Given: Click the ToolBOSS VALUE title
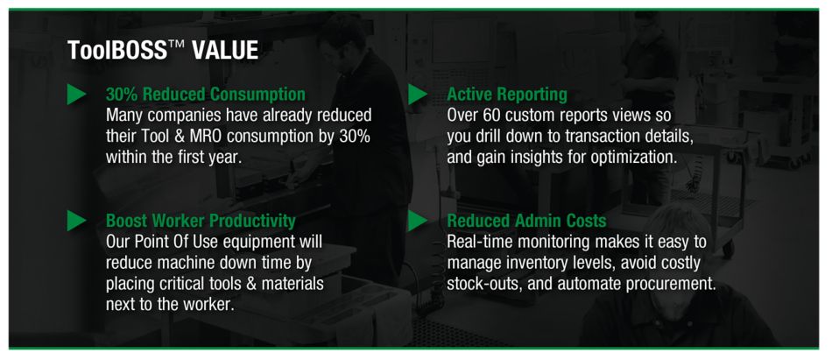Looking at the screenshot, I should click(x=162, y=51).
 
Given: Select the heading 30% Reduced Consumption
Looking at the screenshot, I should click(x=205, y=95).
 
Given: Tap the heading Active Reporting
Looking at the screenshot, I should click(x=506, y=95).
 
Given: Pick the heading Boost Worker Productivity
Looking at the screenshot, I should click(x=200, y=221).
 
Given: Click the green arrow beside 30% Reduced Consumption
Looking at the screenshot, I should click(x=76, y=95).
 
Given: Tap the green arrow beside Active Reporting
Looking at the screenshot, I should click(x=418, y=95).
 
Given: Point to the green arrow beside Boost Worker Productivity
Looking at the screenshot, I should click(x=76, y=221).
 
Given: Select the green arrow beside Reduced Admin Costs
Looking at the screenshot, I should click(x=418, y=221).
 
